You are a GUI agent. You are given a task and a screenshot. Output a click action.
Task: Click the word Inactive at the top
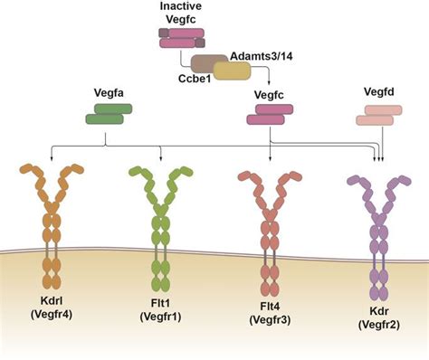(x=181, y=7)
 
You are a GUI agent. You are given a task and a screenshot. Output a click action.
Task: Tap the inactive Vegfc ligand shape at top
(x=181, y=36)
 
